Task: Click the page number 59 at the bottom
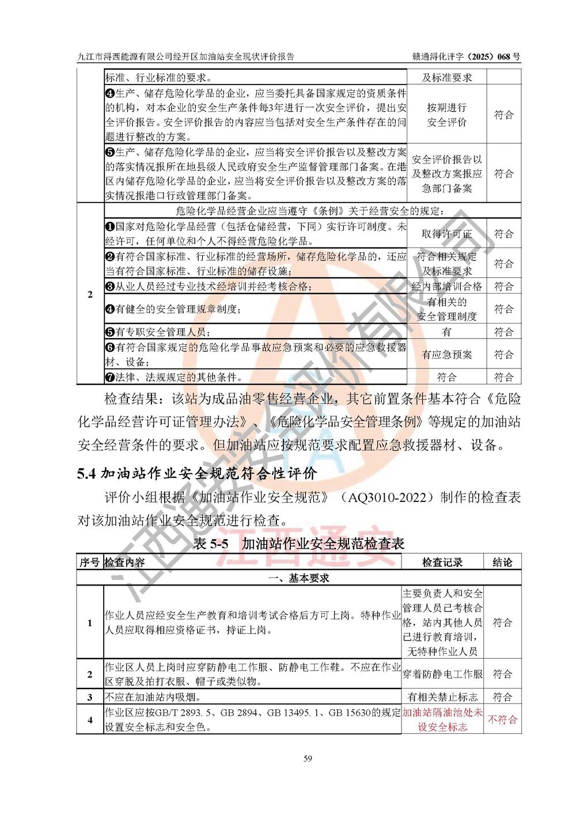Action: click(x=308, y=758)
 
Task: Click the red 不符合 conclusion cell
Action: click(x=502, y=720)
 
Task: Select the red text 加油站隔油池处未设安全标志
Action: click(x=442, y=720)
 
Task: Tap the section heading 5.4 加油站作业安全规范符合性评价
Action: click(x=197, y=473)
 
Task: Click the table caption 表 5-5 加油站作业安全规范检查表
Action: click(x=299, y=543)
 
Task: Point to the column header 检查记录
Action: click(x=442, y=562)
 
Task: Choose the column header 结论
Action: click(x=502, y=562)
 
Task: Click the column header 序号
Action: click(x=89, y=562)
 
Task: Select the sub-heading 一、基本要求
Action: click(x=299, y=578)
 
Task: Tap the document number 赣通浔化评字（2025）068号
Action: click(x=466, y=56)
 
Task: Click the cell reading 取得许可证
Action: click(x=446, y=234)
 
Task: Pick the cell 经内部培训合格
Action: click(x=446, y=286)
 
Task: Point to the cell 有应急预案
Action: click(x=446, y=355)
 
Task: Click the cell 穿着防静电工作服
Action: click(x=442, y=674)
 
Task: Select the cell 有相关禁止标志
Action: click(x=442, y=697)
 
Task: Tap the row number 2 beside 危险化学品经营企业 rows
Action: click(x=90, y=294)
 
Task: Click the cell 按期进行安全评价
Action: click(x=446, y=115)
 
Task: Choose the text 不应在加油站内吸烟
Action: click(x=153, y=697)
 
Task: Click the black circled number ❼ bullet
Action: click(x=110, y=378)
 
